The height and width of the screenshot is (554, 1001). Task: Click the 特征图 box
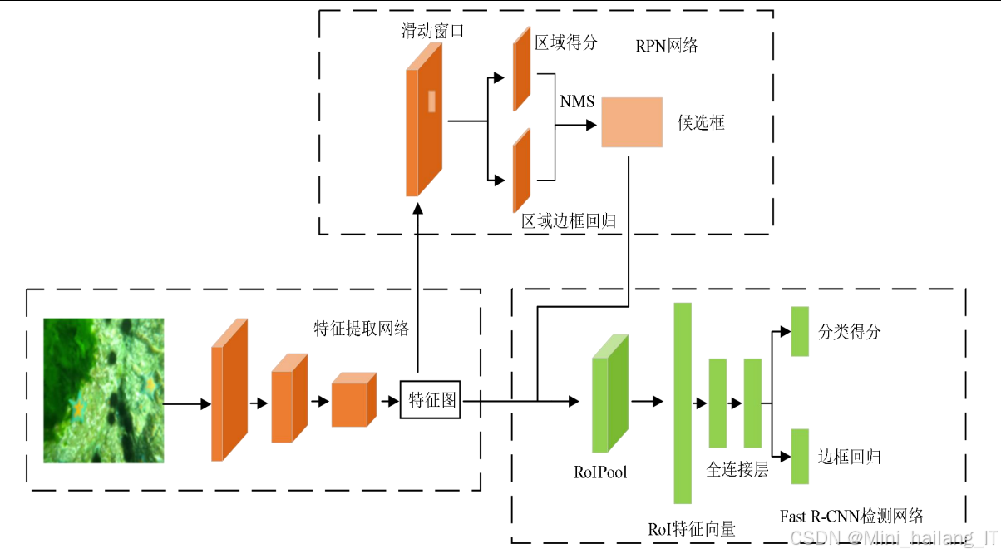[x=430, y=400]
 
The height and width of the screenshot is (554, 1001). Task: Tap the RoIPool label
[x=600, y=472]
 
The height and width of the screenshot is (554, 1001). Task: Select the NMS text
[x=577, y=101]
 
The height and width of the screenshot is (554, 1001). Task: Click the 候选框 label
[x=701, y=123]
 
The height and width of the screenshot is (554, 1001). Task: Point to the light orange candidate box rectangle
[x=632, y=122]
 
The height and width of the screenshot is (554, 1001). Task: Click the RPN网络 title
[x=667, y=46]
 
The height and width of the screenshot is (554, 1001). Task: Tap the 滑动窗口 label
[x=432, y=32]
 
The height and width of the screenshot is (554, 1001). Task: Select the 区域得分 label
[x=566, y=43]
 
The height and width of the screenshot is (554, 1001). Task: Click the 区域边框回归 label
[x=569, y=221]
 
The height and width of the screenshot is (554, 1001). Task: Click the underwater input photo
[x=104, y=390]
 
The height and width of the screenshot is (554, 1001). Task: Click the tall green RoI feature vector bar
[x=683, y=403]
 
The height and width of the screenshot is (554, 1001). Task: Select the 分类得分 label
[x=849, y=332]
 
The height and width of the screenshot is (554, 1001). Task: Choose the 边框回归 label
[x=849, y=457]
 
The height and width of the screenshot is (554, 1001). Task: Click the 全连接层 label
[x=737, y=470]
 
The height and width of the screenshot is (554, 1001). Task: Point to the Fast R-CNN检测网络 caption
[x=851, y=517]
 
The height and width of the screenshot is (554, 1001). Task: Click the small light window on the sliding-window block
[x=431, y=101]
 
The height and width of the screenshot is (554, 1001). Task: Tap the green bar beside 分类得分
[x=800, y=331]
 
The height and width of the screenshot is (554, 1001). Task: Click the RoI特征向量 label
[x=692, y=528]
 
